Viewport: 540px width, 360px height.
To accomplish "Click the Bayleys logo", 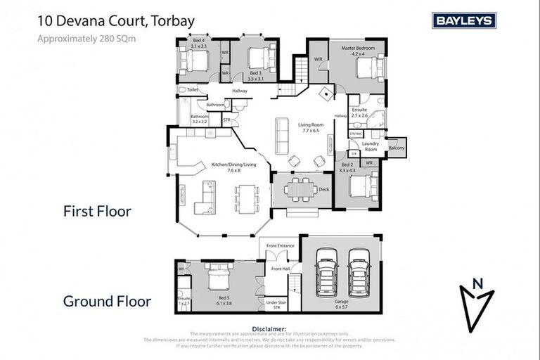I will pyautogui.click(x=464, y=20).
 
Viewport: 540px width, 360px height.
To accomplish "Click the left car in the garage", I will pyautogui.click(x=327, y=272).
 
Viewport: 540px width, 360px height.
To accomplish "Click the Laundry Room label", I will pyautogui.click(x=371, y=147).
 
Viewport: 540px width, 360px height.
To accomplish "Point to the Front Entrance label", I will pyautogui.click(x=280, y=246).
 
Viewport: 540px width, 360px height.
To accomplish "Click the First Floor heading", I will pyautogui.click(x=97, y=211).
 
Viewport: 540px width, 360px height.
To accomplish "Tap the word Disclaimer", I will pyautogui.click(x=267, y=328).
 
